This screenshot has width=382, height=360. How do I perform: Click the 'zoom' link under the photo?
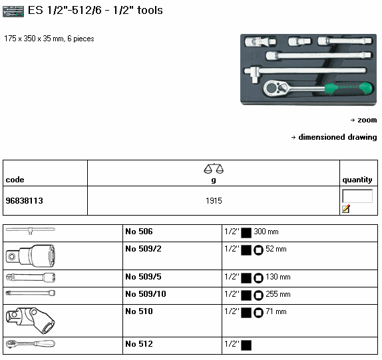pyautogui.click(x=367, y=120)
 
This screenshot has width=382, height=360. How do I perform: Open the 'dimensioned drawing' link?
pyautogui.click(x=337, y=137)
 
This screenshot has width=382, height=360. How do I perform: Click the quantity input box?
pyautogui.click(x=357, y=196)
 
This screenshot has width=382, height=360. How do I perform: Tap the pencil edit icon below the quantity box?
pyautogui.click(x=346, y=209)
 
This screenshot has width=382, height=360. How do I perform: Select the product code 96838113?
pyautogui.click(x=24, y=201)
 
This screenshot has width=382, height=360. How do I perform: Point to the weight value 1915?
pyautogui.click(x=214, y=201)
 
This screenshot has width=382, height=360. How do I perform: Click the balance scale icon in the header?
pyautogui.click(x=214, y=168)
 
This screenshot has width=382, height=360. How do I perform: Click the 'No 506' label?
pyautogui.click(x=139, y=232)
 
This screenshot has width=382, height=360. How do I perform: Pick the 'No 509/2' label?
pyautogui.click(x=143, y=249)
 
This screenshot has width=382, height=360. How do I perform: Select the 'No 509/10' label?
pyautogui.click(x=146, y=294)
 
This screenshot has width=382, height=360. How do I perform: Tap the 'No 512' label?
pyautogui.click(x=139, y=344)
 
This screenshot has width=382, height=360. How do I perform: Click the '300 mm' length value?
pyautogui.click(x=266, y=232)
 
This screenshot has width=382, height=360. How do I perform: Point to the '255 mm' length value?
pyautogui.click(x=278, y=294)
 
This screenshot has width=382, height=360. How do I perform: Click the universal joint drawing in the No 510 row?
pyautogui.click(x=30, y=321)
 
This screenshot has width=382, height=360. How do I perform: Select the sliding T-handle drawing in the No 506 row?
pyautogui.click(x=30, y=230)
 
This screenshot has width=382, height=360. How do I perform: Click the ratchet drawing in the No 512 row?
pyautogui.click(x=30, y=343)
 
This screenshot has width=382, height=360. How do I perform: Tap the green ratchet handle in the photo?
pyautogui.click(x=348, y=89)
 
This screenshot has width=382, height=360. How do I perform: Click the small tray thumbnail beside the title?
pyautogui.click(x=13, y=11)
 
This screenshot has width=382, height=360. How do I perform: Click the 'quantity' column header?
pyautogui.click(x=357, y=180)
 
